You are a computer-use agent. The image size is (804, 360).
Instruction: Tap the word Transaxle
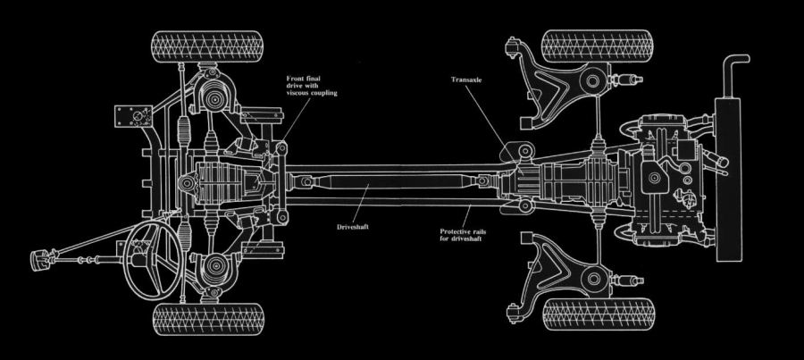(x=469, y=79)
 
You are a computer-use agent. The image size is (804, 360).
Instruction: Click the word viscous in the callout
(x=297, y=92)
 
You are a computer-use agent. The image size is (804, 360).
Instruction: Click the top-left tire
(x=207, y=45)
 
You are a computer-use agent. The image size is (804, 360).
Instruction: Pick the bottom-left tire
(x=208, y=317)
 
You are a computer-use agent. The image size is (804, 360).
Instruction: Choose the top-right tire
(x=598, y=45)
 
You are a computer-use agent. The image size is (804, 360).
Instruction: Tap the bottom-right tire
(x=598, y=314)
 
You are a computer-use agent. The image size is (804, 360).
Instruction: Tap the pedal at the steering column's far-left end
(x=38, y=259)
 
